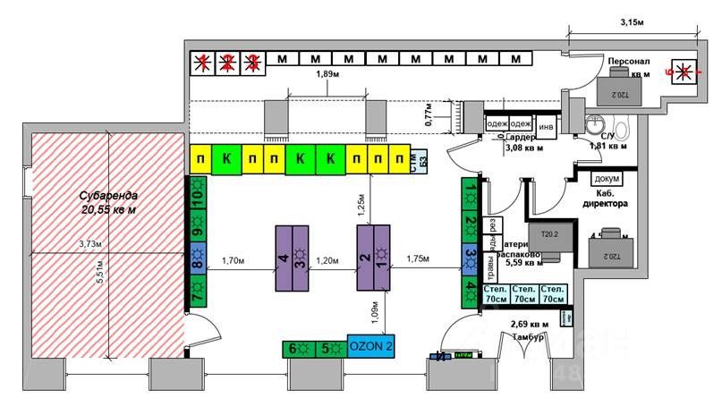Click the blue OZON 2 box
coord(369,347)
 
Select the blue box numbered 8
coord(197,263)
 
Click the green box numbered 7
coord(197,290)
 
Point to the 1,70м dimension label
coord(234,260)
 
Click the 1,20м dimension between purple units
coord(327,260)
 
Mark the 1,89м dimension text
coord(327,75)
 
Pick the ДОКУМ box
coord(607,178)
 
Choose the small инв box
coord(546,125)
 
